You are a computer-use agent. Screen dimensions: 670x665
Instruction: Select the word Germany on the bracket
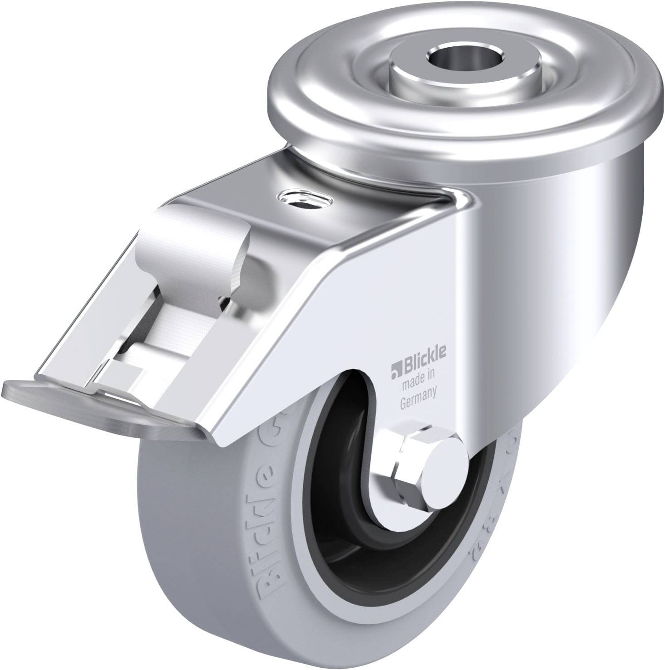point(418,391)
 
